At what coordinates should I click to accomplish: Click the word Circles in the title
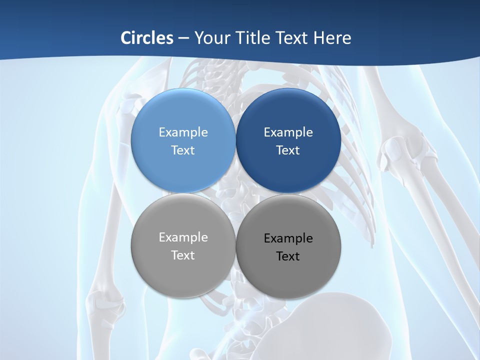[147, 38]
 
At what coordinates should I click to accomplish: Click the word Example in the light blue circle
[183, 132]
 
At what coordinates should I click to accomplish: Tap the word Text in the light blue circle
[183, 150]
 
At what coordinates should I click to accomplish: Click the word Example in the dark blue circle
[288, 132]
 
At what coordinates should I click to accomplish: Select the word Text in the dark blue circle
[288, 150]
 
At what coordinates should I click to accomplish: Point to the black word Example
[288, 238]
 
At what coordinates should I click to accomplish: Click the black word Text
[288, 256]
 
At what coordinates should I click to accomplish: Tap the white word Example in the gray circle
[183, 237]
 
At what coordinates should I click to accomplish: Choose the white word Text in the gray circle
[183, 255]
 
